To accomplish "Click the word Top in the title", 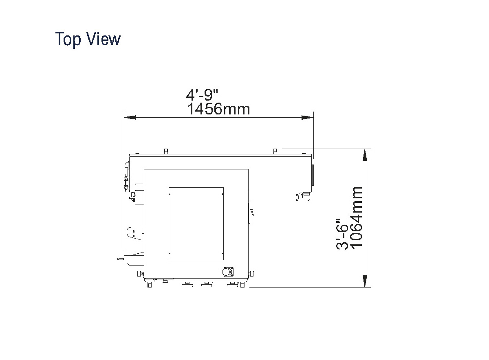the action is [68, 40].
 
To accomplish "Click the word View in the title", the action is [104, 39].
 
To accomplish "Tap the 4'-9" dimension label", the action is [202, 95].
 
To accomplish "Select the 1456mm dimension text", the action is [218, 109].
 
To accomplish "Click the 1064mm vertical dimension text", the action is [356, 217].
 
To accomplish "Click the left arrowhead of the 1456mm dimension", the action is [130, 118].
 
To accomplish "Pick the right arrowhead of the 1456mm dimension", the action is [307, 118].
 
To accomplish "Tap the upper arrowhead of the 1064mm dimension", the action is [365, 155].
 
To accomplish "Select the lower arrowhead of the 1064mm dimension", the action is [365, 281].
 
